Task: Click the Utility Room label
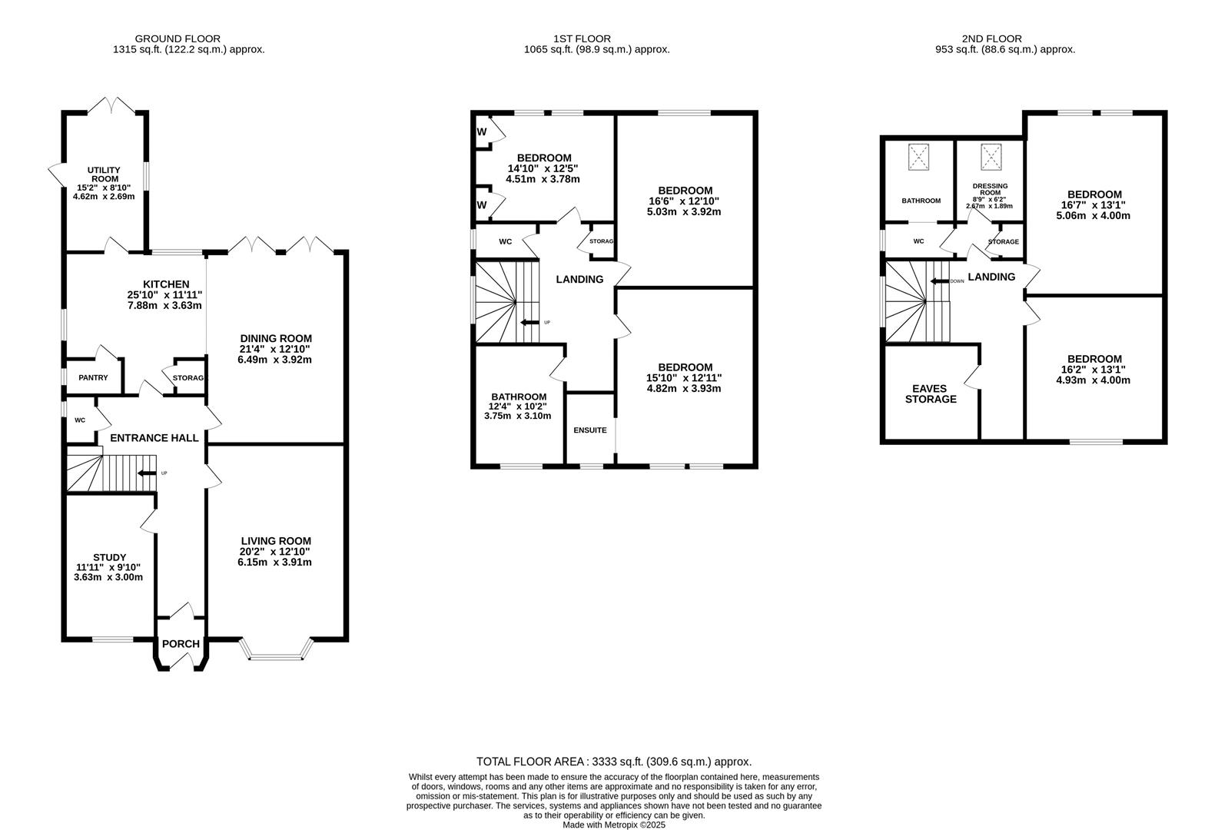[103, 174]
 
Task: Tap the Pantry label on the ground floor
[93, 377]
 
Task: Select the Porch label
[181, 644]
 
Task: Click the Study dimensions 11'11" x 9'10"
[109, 567]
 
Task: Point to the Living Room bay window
[277, 655]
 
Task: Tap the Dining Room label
[275, 338]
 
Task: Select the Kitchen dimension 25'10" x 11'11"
[165, 295]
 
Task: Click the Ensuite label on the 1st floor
[590, 430]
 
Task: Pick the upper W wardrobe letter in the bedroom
[482, 132]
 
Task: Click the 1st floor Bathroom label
[519, 397]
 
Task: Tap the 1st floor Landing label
[579, 280]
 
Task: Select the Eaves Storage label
[931, 393]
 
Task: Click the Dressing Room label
[990, 189]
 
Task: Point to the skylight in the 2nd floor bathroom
[918, 158]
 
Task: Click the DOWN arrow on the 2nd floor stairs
[939, 281]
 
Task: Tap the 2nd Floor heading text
[991, 38]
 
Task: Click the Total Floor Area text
[613, 762]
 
